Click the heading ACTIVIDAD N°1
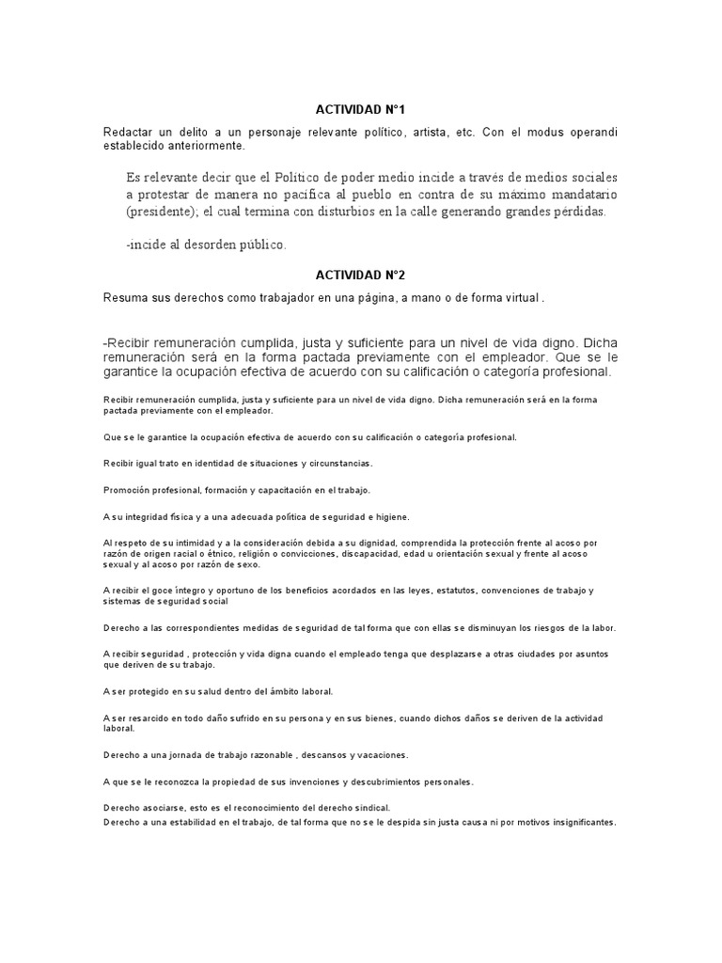click(x=360, y=110)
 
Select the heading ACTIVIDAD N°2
click(x=360, y=275)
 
